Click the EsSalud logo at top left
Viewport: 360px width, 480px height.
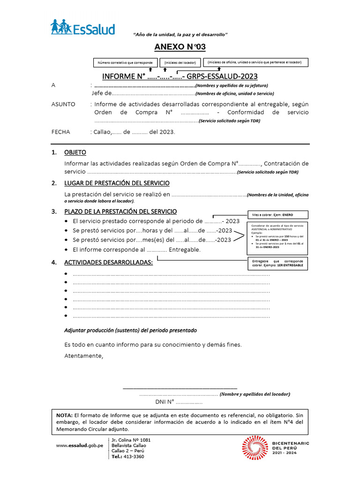point(82,28)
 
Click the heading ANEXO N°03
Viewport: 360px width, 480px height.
point(180,47)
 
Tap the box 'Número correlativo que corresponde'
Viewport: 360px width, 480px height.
point(125,62)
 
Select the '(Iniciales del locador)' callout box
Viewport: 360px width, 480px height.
point(180,63)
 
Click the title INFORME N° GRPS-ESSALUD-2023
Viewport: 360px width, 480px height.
point(180,76)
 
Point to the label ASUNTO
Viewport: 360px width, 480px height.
point(63,104)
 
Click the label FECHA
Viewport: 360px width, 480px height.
point(60,132)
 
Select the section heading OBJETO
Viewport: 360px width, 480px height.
point(75,153)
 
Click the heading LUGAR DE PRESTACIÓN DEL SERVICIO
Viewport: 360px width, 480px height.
point(117,183)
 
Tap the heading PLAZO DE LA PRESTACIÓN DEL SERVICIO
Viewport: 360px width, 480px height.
point(120,211)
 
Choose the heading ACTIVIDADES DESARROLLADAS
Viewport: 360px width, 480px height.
point(108,262)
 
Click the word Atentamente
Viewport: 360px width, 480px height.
point(83,356)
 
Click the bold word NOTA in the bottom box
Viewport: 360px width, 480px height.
point(64,415)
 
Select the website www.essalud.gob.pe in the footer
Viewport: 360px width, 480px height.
point(79,445)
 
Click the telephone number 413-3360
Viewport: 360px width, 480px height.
point(135,456)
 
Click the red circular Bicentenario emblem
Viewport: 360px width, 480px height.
point(255,448)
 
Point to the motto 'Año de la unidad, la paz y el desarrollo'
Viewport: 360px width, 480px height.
point(180,35)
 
